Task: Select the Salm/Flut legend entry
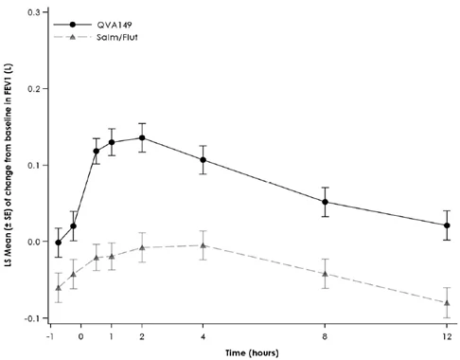pyautogui.click(x=96, y=37)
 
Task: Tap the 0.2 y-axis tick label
pyautogui.click(x=34, y=89)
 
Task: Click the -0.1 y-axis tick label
pyautogui.click(x=32, y=318)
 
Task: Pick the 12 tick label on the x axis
pyautogui.click(x=447, y=336)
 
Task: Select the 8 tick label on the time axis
pyautogui.click(x=325, y=336)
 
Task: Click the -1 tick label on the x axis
pyautogui.click(x=49, y=336)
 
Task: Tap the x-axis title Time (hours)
pyautogui.click(x=252, y=352)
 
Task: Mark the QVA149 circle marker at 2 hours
pyautogui.click(x=142, y=137)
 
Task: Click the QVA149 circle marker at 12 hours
pyautogui.click(x=447, y=225)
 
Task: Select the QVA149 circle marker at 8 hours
pyautogui.click(x=325, y=202)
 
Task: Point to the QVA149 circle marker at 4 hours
pyautogui.click(x=203, y=160)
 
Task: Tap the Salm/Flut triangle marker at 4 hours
pyautogui.click(x=203, y=245)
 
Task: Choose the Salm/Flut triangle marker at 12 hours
pyautogui.click(x=447, y=303)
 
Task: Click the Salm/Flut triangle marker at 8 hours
pyautogui.click(x=325, y=274)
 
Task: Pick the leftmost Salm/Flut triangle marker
pyautogui.click(x=58, y=288)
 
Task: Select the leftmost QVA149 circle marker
pyautogui.click(x=58, y=243)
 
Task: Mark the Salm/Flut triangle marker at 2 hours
pyautogui.click(x=142, y=248)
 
